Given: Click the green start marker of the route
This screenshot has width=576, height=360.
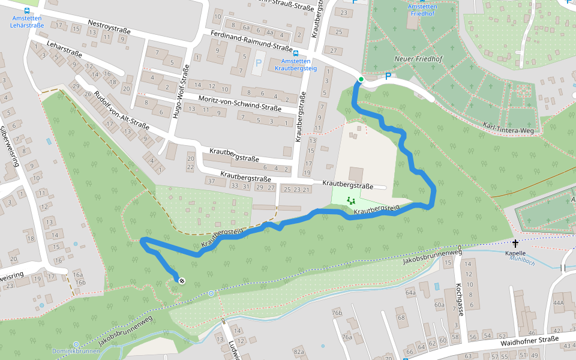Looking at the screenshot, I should [361, 79].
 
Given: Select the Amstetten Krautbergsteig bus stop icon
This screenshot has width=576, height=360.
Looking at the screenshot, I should [296, 53].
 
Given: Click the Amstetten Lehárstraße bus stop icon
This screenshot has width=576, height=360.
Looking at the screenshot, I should [27, 10].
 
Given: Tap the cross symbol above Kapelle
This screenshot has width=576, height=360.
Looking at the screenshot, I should [515, 243].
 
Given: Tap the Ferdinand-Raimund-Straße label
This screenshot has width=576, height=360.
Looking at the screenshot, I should [251, 40].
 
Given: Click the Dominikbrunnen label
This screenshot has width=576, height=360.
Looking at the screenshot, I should [75, 351].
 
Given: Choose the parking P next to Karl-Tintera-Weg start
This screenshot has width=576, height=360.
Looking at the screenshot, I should [388, 76].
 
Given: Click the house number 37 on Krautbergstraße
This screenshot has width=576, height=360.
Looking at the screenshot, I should [211, 181].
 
